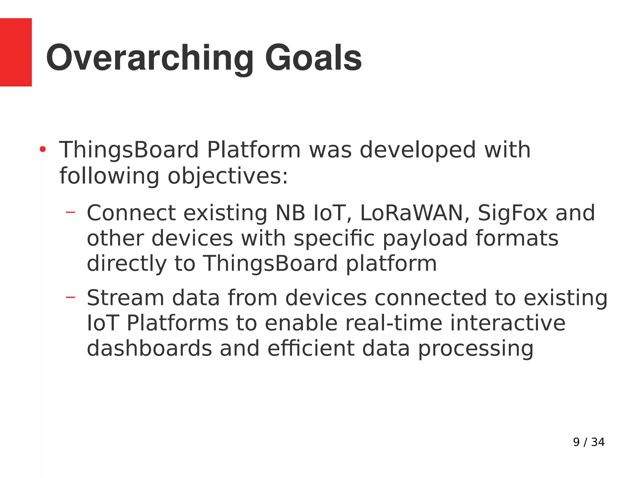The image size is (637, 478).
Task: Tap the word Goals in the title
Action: click(x=313, y=58)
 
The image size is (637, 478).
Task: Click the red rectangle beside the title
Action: click(x=16, y=52)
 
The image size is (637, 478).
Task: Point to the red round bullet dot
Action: click(x=43, y=150)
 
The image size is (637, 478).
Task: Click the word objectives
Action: click(x=228, y=176)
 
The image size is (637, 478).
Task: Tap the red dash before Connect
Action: click(x=71, y=213)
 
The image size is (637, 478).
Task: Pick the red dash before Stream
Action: click(x=71, y=298)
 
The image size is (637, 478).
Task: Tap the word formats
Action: click(x=517, y=238)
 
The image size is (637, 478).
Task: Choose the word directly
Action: click(x=127, y=264)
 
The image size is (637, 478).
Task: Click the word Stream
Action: click(x=125, y=298)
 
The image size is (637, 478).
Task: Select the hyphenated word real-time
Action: click(x=393, y=323)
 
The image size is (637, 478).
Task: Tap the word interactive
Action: click(x=508, y=323)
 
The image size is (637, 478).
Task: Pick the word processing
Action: click(x=476, y=349)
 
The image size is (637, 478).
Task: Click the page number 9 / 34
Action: click(x=588, y=442)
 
